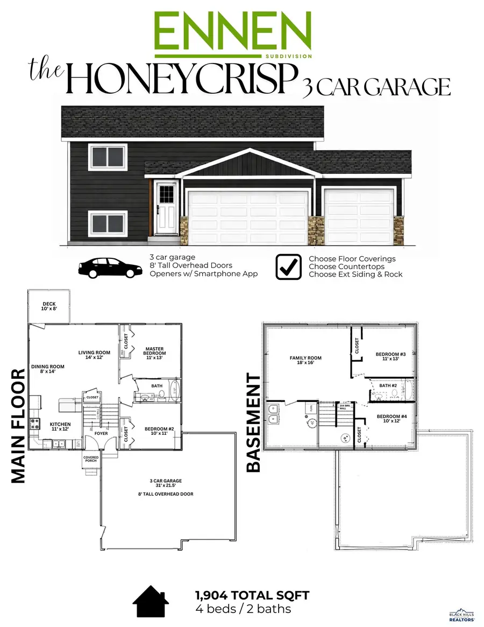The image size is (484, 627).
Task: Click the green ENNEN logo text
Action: click(232, 31)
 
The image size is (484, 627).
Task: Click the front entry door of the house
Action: click(166, 208)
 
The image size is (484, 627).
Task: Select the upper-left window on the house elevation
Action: click(108, 157)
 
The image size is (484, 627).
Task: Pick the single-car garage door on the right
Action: click(359, 216)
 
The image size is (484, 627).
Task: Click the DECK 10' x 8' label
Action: click(49, 307)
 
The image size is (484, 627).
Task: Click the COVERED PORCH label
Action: click(90, 459)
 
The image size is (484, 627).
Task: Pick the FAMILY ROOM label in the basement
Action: click(305, 361)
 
